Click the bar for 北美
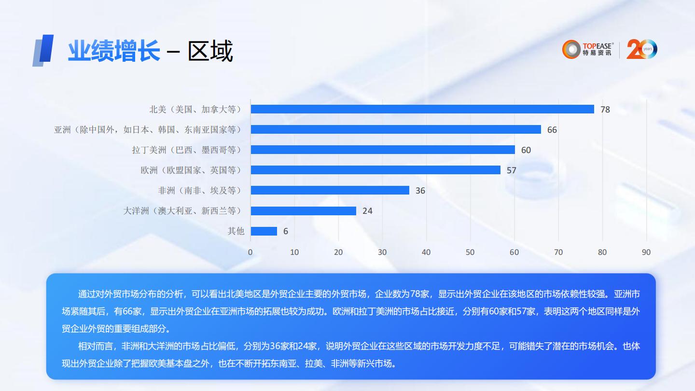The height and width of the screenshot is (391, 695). point(422,109)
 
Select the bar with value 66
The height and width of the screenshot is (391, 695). point(396,129)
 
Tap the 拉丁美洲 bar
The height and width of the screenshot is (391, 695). point(383,150)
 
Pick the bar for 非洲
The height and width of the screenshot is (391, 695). point(330,190)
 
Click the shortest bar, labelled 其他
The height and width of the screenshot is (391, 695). point(264,231)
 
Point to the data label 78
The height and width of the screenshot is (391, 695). point(605,110)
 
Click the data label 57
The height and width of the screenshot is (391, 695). point(511,170)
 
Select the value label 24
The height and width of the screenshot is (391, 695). point(367,211)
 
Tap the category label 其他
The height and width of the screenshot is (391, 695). point(236,231)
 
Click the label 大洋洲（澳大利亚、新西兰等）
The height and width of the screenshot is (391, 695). point(182,211)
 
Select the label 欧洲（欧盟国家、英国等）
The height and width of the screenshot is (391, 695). point(191,170)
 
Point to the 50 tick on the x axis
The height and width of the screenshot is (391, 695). point(470,252)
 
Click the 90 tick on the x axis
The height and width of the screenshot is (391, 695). point(646,252)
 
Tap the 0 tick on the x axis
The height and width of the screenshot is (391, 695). point(250,252)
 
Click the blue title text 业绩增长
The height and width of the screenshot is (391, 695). point(113,51)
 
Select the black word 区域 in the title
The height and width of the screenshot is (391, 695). point(210,51)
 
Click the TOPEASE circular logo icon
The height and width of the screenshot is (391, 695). point(571,49)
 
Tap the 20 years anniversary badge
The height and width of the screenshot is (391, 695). point(641,49)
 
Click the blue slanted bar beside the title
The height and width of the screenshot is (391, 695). point(43,50)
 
